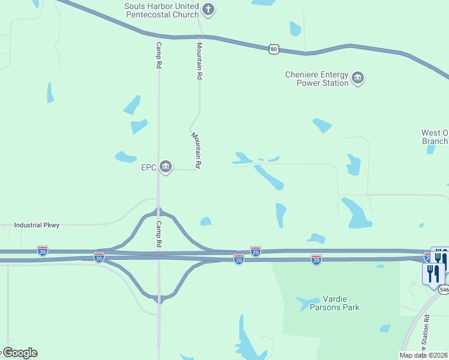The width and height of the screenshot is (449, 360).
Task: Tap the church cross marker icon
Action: coord(208,9)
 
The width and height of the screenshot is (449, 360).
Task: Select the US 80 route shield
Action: coord(274,49)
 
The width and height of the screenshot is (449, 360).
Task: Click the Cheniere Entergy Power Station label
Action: coord(317,79)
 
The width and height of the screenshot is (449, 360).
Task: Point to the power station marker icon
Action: coord(358,79)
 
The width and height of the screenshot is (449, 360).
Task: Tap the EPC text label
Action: coord(149,167)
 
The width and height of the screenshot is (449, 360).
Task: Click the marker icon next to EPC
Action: coord(166,167)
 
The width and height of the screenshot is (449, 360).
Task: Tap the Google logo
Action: coord(19,353)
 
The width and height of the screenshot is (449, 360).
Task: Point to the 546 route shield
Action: coord(444,290)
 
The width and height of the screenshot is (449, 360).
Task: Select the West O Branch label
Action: coord(435,137)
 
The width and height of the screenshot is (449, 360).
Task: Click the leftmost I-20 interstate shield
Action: coord(43,250)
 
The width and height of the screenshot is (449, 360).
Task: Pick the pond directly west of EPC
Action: coord(125,157)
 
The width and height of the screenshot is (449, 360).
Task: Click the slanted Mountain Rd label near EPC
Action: coord(196,149)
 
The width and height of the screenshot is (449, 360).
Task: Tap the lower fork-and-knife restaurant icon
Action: coord(433,273)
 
